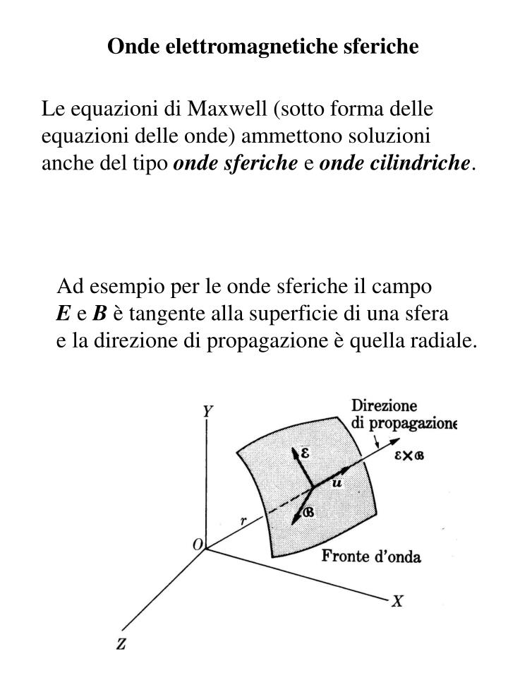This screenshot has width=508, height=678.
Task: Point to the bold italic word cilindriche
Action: coord(430,164)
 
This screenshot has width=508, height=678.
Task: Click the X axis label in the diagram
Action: coord(398,601)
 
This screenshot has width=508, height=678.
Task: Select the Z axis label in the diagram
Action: coord(121,643)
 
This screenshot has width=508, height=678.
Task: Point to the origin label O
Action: coord(198,545)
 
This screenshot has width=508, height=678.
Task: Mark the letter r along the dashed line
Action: coord(243,521)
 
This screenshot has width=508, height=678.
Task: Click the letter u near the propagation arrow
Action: coord(337,482)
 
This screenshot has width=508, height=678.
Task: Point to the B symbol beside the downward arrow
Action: coord(308,512)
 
